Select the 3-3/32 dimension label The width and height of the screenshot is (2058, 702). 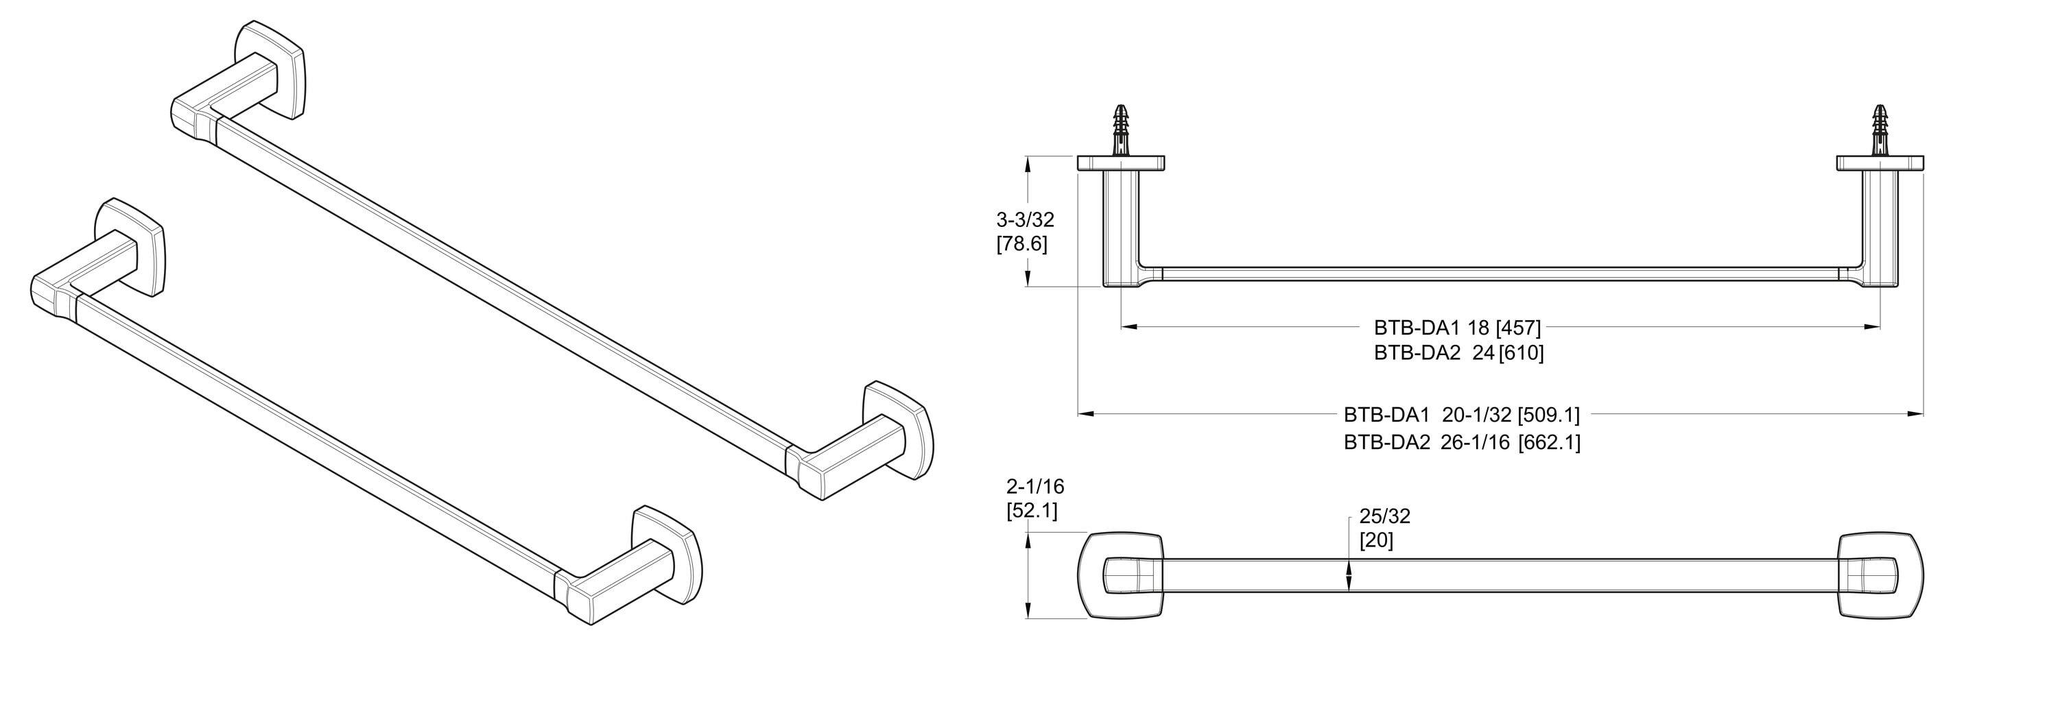1025,219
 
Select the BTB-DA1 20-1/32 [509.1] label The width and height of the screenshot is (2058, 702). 1462,415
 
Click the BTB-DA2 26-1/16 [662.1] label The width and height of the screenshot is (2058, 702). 1462,441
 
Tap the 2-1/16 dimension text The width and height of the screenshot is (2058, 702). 1035,485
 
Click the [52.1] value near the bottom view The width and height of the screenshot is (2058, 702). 1031,510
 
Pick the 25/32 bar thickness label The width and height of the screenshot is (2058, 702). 1384,516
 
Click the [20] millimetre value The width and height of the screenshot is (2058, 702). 1377,541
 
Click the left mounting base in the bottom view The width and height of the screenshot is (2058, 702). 1120,575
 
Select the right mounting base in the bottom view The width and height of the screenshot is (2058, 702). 1880,575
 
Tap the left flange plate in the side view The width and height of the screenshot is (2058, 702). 1121,164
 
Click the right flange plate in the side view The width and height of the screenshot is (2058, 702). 1879,164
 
